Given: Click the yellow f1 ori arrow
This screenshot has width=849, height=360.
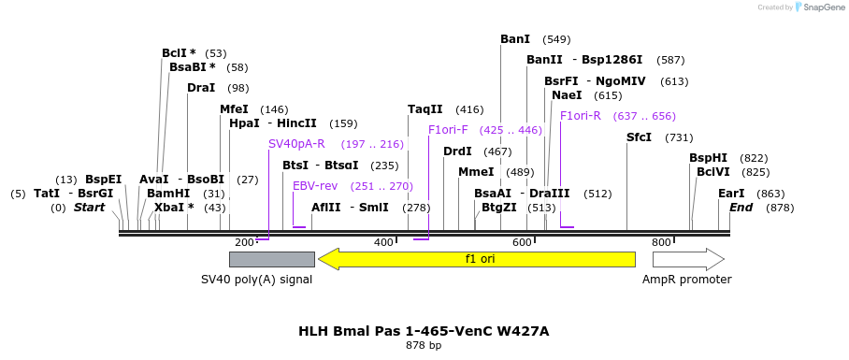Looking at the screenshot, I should pyautogui.click(x=477, y=259).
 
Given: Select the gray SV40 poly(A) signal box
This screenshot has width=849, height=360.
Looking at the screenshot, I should pyautogui.click(x=271, y=259).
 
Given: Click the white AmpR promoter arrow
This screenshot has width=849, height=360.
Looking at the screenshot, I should pyautogui.click(x=688, y=259).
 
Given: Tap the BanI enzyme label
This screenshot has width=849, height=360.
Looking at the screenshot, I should pyautogui.click(x=515, y=39).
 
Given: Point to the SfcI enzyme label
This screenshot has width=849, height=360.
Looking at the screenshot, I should pyautogui.click(x=639, y=137).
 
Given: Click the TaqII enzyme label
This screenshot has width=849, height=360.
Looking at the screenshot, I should pyautogui.click(x=425, y=109).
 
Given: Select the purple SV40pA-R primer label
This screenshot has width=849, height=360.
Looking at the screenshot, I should pyautogui.click(x=296, y=144).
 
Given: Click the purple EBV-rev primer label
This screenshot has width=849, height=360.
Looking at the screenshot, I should pyautogui.click(x=315, y=186).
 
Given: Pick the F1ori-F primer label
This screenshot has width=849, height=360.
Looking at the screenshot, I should pyautogui.click(x=448, y=130).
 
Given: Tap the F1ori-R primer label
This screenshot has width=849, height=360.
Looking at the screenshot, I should pyautogui.click(x=580, y=116).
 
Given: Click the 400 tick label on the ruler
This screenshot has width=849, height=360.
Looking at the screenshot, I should pyautogui.click(x=383, y=243).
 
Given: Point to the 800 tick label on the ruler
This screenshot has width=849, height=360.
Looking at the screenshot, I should pyautogui.click(x=661, y=243).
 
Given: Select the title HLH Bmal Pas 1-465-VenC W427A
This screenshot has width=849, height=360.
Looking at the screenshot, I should pyautogui.click(x=424, y=331).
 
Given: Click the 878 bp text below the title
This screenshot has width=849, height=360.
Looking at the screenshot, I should pyautogui.click(x=424, y=346).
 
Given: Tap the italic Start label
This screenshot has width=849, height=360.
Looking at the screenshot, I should pyautogui.click(x=90, y=208).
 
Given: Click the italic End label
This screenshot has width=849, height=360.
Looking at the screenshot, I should pyautogui.click(x=741, y=208).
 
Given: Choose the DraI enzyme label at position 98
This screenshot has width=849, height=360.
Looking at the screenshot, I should pyautogui.click(x=201, y=88).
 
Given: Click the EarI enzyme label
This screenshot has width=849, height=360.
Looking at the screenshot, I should pyautogui.click(x=731, y=194).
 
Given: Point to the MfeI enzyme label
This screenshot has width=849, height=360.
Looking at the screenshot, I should pyautogui.click(x=234, y=109).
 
